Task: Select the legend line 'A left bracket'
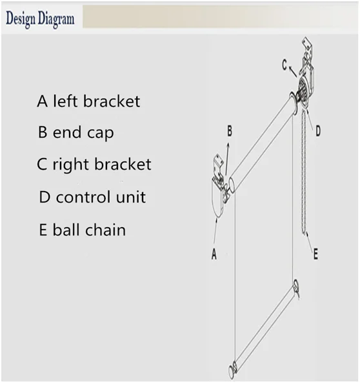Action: pyautogui.click(x=88, y=101)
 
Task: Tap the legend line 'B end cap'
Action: pyautogui.click(x=76, y=132)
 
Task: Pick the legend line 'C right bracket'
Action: pyautogui.click(x=94, y=164)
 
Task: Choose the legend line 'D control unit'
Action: pyautogui.click(x=92, y=197)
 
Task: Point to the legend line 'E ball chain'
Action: pyautogui.click(x=83, y=230)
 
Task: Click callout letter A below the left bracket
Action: pyautogui.click(x=214, y=254)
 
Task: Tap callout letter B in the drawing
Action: pyautogui.click(x=230, y=131)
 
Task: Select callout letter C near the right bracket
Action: pyautogui.click(x=285, y=65)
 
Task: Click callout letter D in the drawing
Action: pyautogui.click(x=318, y=131)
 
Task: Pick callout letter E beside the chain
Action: pyautogui.click(x=315, y=254)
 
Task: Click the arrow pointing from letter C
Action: pyautogui.click(x=293, y=71)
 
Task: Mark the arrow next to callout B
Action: pyautogui.click(x=227, y=159)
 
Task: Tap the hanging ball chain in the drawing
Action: pyautogui.click(x=304, y=172)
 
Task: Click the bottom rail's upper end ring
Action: pyautogui.click(x=296, y=286)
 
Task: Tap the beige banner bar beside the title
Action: pyautogui.click(x=220, y=17)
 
